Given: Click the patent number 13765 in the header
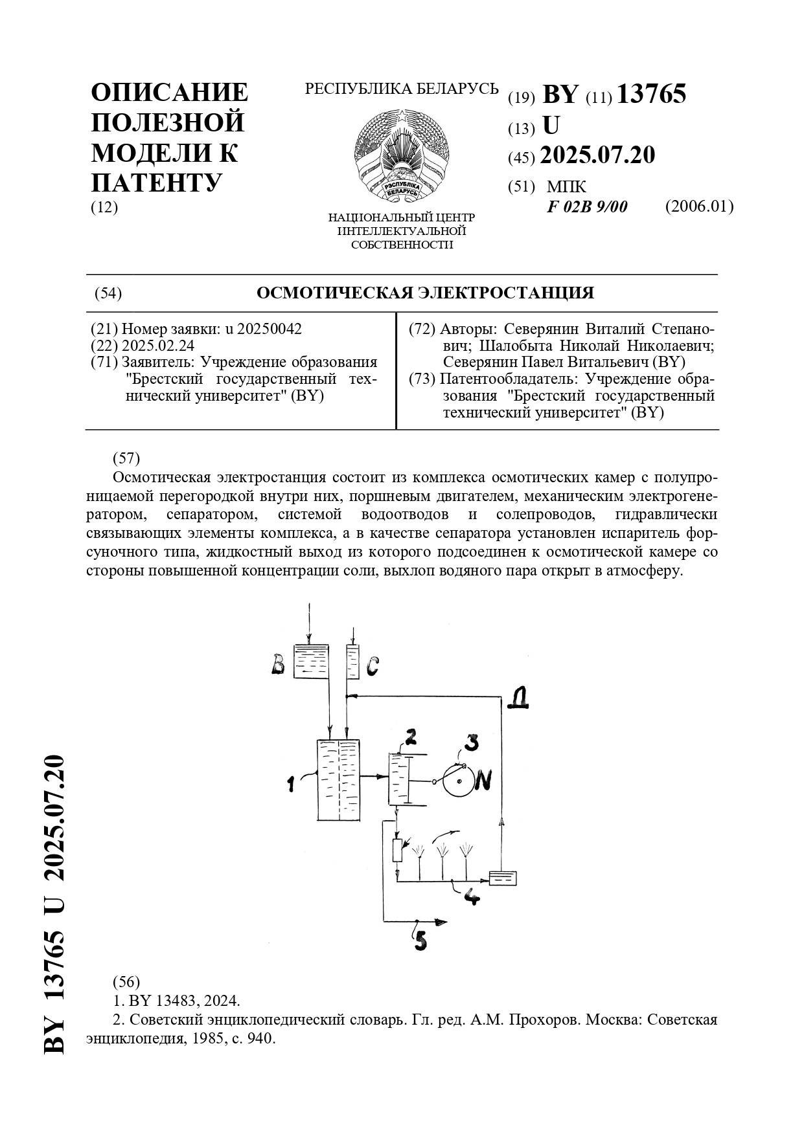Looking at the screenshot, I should click(651, 95).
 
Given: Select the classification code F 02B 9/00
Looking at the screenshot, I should click(587, 206).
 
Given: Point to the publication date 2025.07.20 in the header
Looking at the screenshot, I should click(597, 155).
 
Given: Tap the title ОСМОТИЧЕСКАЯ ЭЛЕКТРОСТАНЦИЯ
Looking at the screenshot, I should click(425, 293).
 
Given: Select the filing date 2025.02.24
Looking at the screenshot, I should click(158, 346).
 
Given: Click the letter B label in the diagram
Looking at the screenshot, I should click(278, 665).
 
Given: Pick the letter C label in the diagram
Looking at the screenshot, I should click(372, 666).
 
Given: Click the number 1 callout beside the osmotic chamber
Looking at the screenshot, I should click(291, 785).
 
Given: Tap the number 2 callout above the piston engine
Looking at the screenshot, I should click(410, 736).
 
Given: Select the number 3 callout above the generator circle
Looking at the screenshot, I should click(472, 742).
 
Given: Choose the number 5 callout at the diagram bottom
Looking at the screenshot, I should click(421, 939).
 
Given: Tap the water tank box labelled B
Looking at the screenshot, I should click(310, 662).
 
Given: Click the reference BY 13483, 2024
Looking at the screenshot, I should click(176, 1001).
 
